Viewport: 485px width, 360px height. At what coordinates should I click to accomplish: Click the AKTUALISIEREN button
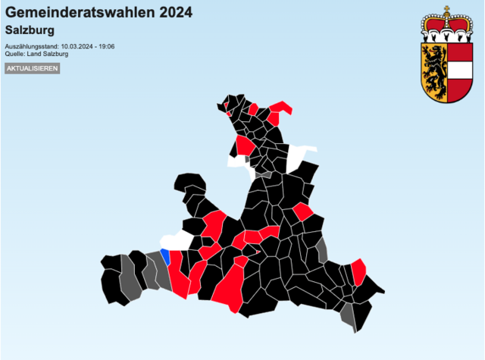coord(32,68)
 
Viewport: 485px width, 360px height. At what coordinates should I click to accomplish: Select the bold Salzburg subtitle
coord(30,30)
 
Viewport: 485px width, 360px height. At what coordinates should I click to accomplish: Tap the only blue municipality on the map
coord(164,255)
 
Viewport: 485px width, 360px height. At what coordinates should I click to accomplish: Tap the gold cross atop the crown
coord(446,10)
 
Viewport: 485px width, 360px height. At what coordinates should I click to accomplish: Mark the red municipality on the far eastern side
coord(358,271)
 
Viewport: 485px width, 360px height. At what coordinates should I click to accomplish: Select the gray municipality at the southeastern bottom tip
coord(349,316)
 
